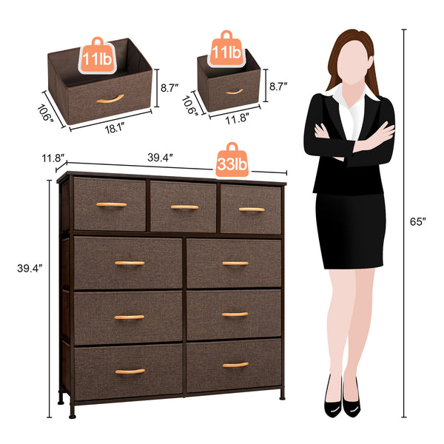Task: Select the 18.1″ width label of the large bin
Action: click(112, 127)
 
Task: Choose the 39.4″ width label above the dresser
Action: click(160, 157)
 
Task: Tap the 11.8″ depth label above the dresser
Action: click(53, 157)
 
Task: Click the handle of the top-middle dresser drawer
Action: click(185, 207)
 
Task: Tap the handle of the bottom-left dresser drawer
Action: click(129, 371)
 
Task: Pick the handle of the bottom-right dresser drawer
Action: click(235, 364)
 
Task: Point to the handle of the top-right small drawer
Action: click(252, 209)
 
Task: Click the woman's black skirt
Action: click(349, 229)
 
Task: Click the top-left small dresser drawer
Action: click(110, 204)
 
